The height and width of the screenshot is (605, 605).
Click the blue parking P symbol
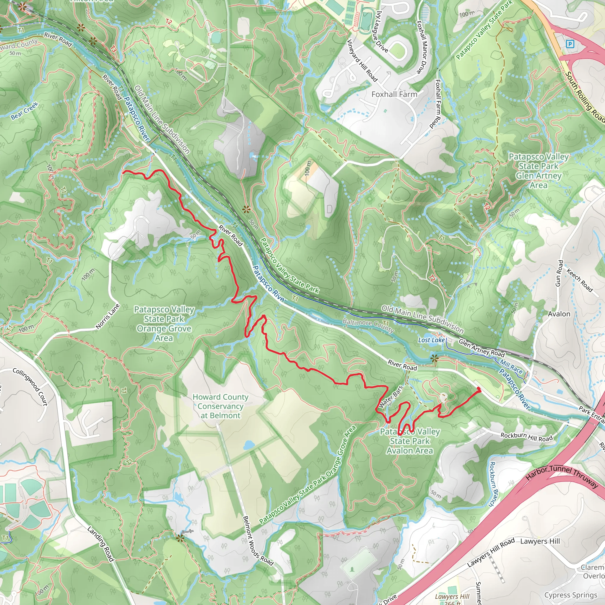tap(570, 44)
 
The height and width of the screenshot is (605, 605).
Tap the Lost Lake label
tap(431, 340)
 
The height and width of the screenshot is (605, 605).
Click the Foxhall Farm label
tap(394, 94)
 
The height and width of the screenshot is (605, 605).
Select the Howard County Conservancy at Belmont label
tap(220, 406)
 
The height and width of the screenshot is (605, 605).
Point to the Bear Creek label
tap(25, 111)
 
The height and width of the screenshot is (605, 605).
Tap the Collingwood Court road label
tap(30, 387)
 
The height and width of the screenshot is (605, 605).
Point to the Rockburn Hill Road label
tap(526, 437)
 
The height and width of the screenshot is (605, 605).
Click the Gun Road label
tap(559, 273)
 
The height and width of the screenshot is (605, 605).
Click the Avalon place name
tap(559, 314)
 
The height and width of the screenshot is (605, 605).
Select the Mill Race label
tap(511, 367)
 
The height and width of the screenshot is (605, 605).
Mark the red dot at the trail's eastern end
tap(479, 389)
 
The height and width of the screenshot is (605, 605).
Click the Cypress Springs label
tap(570, 595)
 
